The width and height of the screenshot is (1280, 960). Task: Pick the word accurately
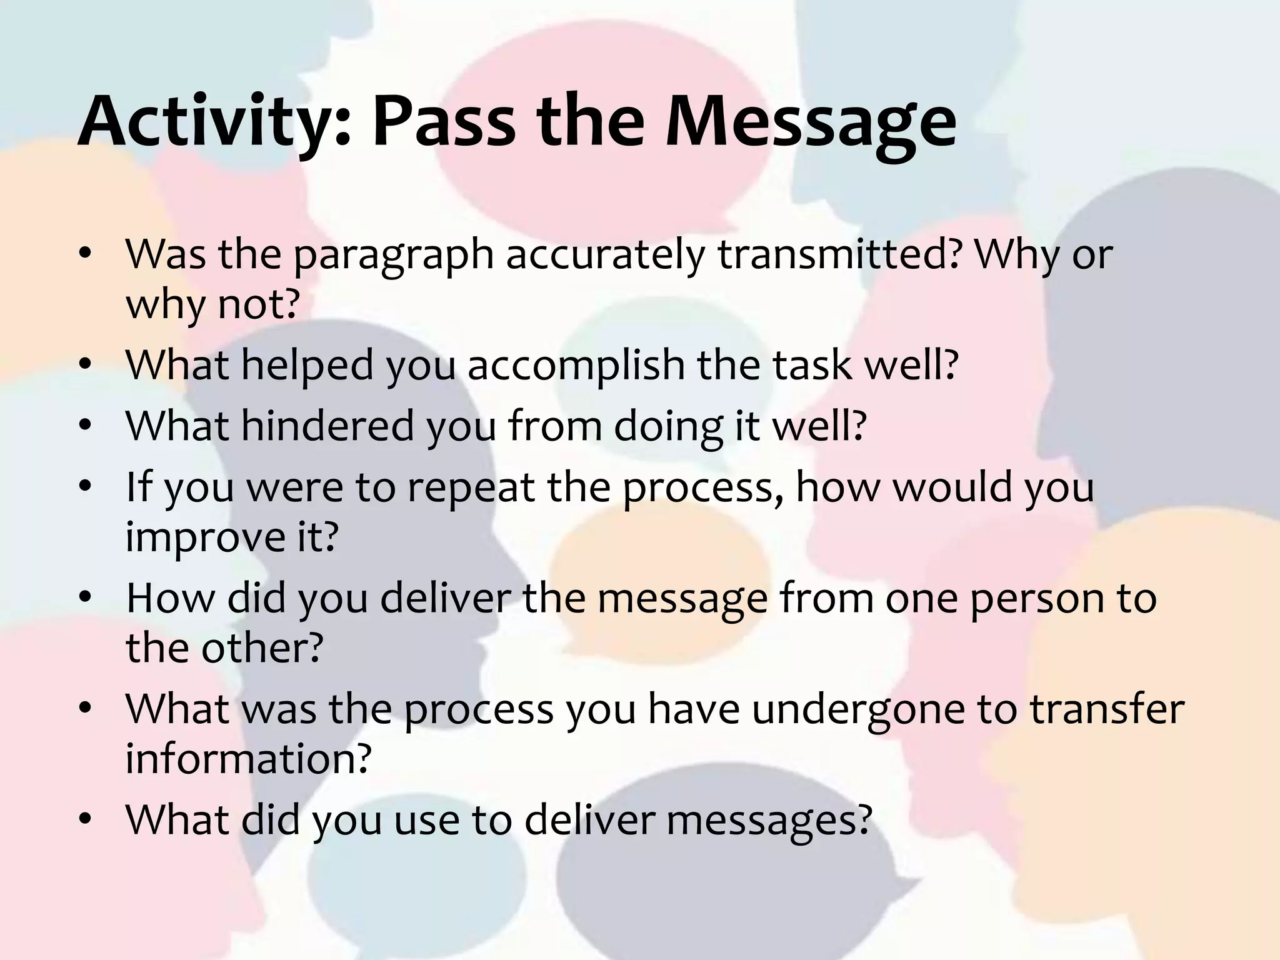[x=604, y=256]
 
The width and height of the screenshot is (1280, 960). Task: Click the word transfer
[x=1106, y=709]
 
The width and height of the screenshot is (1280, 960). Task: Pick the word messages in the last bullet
[x=769, y=821]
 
